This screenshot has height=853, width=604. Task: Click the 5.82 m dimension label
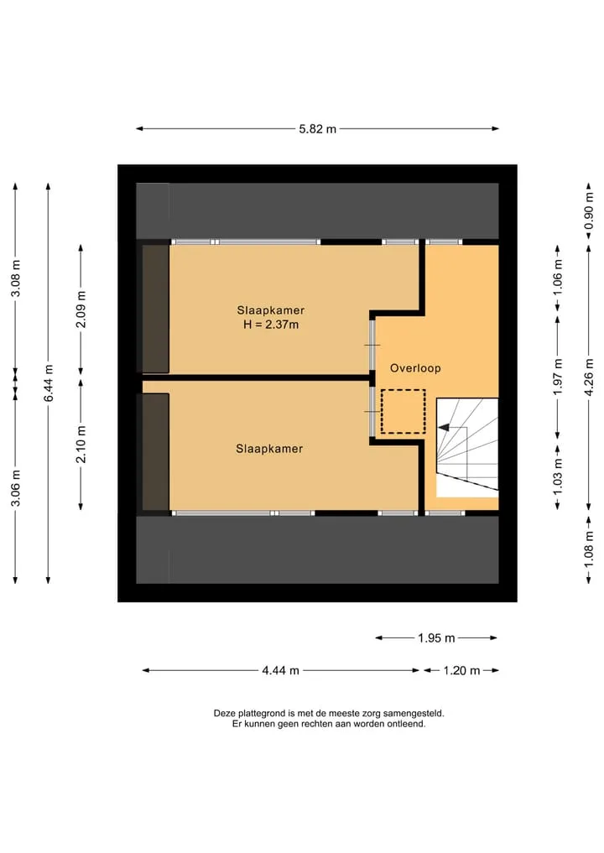[318, 129]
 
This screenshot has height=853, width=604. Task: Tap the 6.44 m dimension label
[49, 383]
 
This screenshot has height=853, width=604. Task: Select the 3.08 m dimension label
[16, 278]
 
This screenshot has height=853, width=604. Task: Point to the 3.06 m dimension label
[16, 488]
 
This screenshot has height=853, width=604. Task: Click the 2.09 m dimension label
[81, 309]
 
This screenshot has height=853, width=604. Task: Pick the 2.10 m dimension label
[81, 445]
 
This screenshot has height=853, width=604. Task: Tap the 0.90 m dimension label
[589, 211]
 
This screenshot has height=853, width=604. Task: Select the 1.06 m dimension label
[558, 278]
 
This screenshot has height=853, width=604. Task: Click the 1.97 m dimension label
[558, 377]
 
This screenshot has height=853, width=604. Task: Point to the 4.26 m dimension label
[589, 377]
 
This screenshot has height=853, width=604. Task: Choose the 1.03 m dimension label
[558, 478]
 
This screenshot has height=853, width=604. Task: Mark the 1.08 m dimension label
[589, 550]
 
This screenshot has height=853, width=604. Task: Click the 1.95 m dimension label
[436, 638]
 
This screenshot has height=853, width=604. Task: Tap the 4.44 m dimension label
[281, 671]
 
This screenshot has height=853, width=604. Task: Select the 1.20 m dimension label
[461, 671]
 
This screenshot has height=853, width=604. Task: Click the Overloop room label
[415, 368]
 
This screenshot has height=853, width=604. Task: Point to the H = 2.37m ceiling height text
[270, 325]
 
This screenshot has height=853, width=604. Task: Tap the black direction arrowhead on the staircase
[444, 428]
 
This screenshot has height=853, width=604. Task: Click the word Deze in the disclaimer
[224, 713]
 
